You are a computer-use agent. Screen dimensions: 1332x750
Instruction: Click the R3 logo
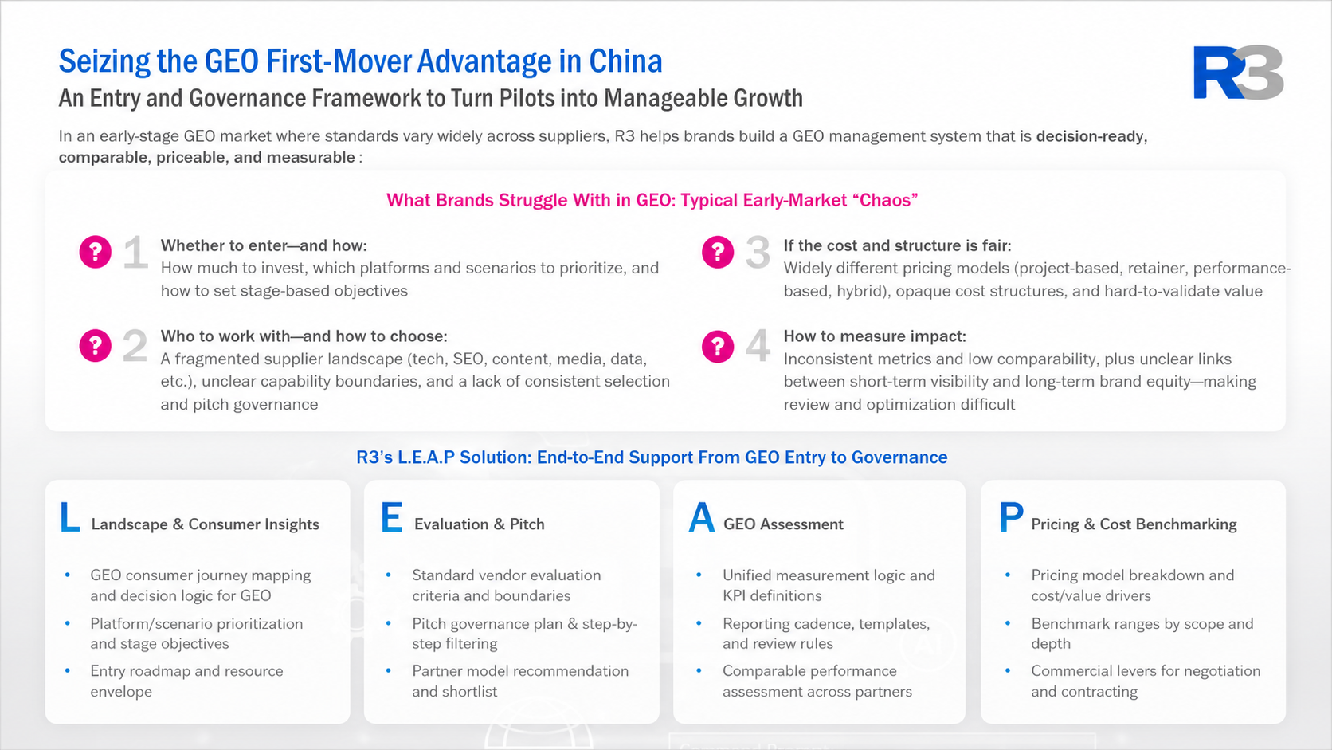(1238, 72)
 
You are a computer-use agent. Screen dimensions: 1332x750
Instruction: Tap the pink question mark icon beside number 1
(95, 252)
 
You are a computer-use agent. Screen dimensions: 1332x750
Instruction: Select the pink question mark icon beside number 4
(718, 346)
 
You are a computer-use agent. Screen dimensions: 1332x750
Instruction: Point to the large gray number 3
(758, 252)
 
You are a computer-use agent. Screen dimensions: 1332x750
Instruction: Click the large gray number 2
(135, 346)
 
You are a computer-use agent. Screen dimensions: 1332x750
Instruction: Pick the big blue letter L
(69, 517)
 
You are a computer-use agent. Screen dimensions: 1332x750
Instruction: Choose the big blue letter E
(391, 517)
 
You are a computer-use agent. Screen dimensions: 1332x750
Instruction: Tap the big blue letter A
(702, 517)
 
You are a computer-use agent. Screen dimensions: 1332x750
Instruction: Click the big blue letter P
(1011, 517)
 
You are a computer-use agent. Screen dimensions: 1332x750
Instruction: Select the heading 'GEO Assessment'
(783, 524)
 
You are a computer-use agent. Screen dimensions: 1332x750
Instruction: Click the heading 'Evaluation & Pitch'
(480, 524)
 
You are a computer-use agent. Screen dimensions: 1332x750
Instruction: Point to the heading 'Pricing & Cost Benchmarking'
(1134, 524)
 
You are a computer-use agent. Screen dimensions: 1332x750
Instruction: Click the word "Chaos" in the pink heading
(885, 200)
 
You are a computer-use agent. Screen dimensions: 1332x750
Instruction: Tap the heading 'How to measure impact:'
(875, 336)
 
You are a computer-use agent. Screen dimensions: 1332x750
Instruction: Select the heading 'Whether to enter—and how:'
(264, 245)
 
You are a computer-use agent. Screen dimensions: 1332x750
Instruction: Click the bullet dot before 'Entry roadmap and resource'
(67, 670)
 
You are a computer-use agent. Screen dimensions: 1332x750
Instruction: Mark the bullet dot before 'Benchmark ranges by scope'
(1008, 622)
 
